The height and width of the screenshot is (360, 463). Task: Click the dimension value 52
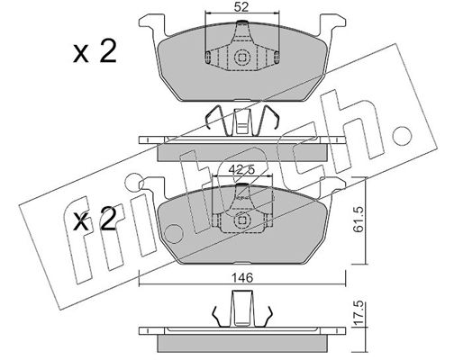click(241, 7)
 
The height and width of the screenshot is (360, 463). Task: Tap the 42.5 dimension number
click(241, 169)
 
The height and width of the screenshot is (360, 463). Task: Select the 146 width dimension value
click(242, 278)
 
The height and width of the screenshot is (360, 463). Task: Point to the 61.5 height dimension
click(359, 220)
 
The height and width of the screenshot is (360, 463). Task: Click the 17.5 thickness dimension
click(359, 313)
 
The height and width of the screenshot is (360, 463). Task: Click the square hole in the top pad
click(241, 57)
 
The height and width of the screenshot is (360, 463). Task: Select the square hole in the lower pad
click(241, 220)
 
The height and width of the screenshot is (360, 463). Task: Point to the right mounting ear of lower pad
click(331, 187)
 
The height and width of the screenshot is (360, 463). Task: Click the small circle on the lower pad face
click(174, 234)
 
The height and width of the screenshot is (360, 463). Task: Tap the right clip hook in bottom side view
click(267, 317)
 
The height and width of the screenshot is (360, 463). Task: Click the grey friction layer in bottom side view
click(242, 344)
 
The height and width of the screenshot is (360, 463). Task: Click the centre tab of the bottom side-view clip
click(242, 309)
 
